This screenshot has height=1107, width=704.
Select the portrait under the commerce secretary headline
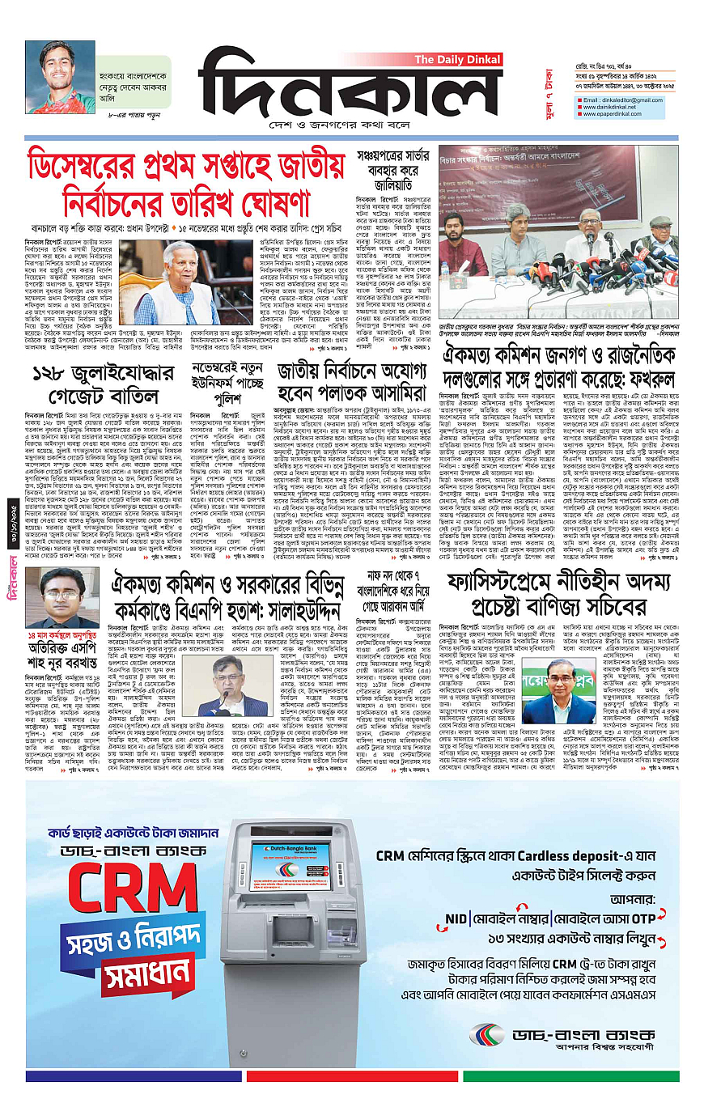(x=559, y=693)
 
